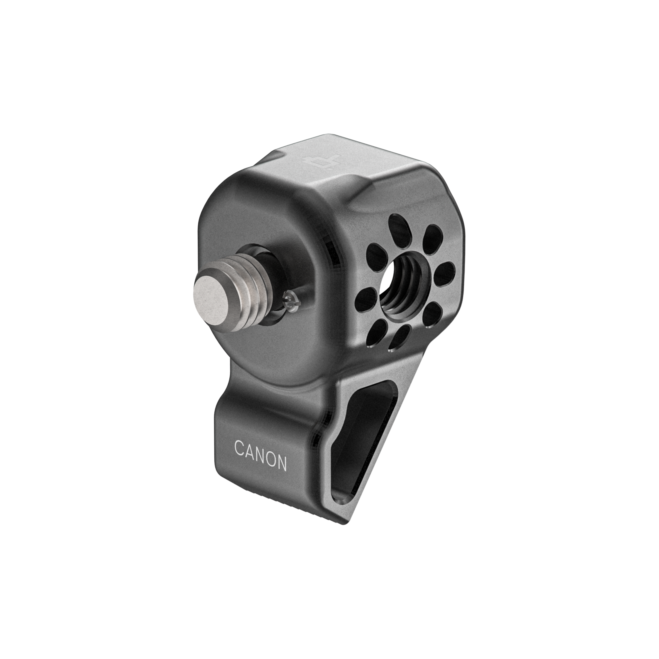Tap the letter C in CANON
[x=240, y=448]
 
